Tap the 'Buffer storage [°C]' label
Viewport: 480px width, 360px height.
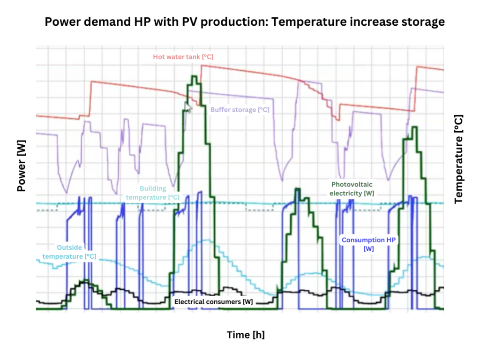[240, 110]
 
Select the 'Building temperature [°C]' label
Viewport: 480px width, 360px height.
[153, 193]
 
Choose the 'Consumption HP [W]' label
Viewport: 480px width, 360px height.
[368, 244]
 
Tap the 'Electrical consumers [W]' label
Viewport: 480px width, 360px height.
[213, 301]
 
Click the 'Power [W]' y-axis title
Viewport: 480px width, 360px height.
[21, 167]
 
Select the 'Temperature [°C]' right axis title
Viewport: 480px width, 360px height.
[458, 159]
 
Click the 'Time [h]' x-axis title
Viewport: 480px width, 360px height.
[246, 335]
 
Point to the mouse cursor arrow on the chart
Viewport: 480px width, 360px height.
[187, 107]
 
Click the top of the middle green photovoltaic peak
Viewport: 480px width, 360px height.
[297, 189]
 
